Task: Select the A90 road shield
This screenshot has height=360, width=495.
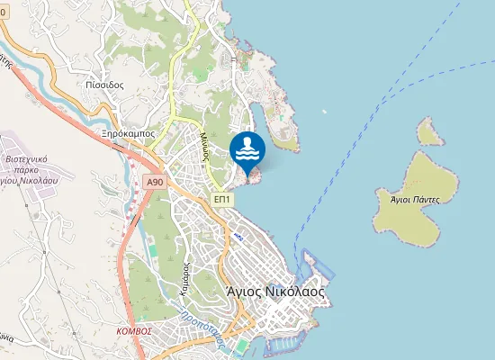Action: [155, 182]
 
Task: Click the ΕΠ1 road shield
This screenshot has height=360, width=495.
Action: [224, 199]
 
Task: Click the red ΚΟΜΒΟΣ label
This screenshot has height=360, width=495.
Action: [134, 330]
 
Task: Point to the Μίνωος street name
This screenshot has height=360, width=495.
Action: [205, 144]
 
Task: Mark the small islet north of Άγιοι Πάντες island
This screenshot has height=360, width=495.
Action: [430, 132]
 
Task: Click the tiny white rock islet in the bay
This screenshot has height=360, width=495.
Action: [324, 112]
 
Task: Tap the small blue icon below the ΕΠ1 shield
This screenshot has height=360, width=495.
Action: [238, 236]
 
